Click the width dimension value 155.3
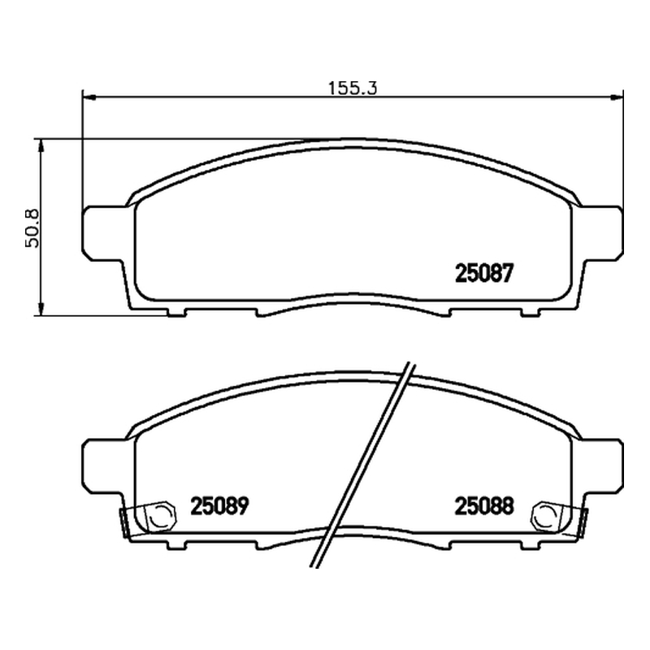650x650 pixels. [x=353, y=89]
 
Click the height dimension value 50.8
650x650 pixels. [x=32, y=228]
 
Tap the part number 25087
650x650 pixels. [x=484, y=274]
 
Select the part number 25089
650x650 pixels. [x=219, y=506]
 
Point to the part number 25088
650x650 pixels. [x=484, y=506]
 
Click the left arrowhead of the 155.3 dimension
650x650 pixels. [x=89, y=97]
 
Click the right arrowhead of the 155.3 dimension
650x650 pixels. [x=617, y=97]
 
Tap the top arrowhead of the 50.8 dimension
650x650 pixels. [x=41, y=146]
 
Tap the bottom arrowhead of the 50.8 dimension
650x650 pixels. [x=41, y=309]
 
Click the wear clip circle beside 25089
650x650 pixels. [x=161, y=516]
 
